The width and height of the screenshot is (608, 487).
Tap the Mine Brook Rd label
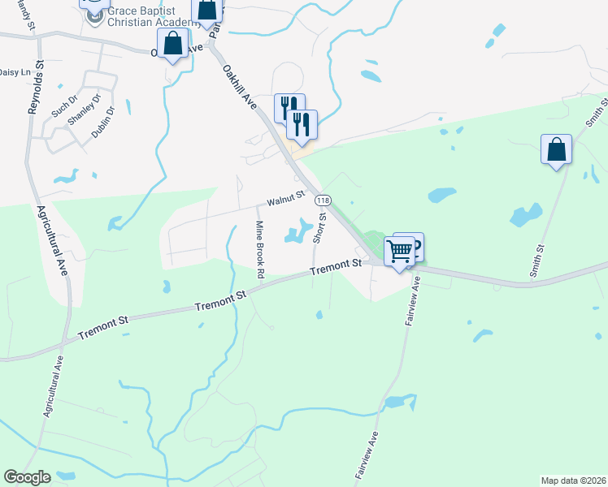[x=260, y=250]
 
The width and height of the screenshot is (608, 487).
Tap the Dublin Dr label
[x=102, y=122]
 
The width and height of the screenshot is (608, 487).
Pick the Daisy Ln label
[x=9, y=72]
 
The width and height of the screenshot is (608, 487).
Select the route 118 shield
[x=324, y=200]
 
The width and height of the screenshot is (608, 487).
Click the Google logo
[x=27, y=477]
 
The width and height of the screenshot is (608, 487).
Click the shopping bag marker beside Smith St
[x=556, y=150]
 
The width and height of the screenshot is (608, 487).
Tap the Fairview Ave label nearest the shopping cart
[x=411, y=301]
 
